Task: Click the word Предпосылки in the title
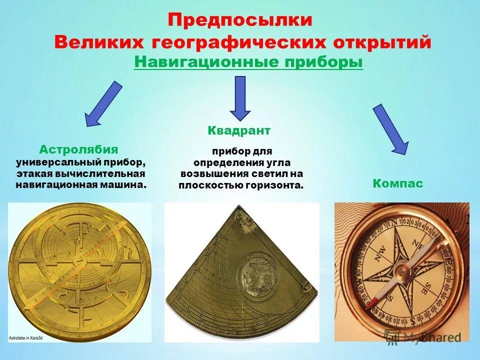240,20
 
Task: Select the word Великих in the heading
93,42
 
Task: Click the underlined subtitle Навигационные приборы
248,62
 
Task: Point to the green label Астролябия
79,149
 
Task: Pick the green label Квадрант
239,131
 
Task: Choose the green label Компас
398,183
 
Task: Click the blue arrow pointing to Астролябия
103,104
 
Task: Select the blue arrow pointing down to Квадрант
240,98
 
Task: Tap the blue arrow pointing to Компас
391,129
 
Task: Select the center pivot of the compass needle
401,271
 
